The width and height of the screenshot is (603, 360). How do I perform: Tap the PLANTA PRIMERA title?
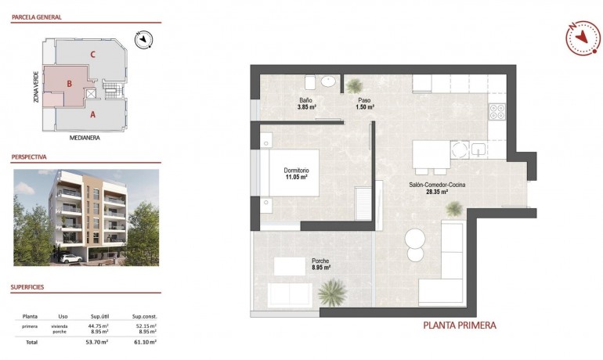459,325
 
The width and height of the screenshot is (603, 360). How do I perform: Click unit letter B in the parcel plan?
70,83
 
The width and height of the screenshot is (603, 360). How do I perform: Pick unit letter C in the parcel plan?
93,54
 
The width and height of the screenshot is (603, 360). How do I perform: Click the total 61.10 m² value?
145,342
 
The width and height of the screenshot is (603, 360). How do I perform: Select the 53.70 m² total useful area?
96,342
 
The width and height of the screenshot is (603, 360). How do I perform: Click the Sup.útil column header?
99,316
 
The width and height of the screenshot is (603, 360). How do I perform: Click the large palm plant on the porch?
332,293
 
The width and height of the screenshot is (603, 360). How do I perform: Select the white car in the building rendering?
70,257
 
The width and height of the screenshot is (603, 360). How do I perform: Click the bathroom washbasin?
328,81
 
